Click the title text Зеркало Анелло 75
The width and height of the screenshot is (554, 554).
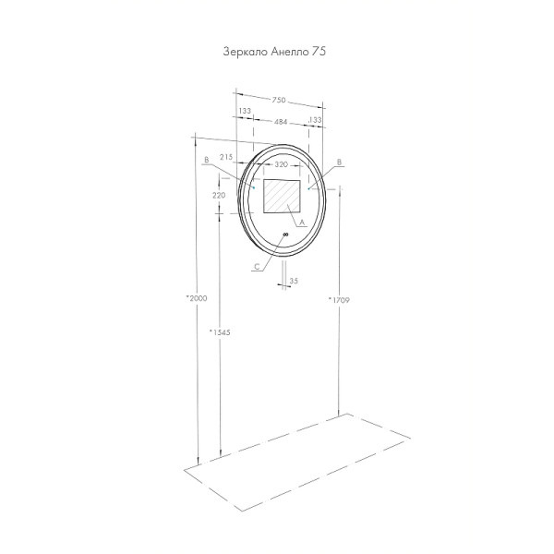pyautogui.click(x=275, y=53)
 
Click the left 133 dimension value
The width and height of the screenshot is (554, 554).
pyautogui.click(x=245, y=111)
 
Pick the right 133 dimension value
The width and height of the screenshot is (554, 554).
pyautogui.click(x=315, y=121)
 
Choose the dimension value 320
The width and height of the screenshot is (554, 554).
pyautogui.click(x=283, y=163)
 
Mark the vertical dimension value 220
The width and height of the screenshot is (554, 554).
pyautogui.click(x=218, y=196)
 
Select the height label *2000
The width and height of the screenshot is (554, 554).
pyautogui.click(x=196, y=298)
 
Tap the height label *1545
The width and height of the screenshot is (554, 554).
pyautogui.click(x=218, y=331)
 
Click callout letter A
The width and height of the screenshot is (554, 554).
pyautogui.click(x=303, y=223)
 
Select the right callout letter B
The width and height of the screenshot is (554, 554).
pyautogui.click(x=340, y=162)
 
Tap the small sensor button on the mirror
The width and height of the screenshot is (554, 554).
pyautogui.click(x=285, y=235)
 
